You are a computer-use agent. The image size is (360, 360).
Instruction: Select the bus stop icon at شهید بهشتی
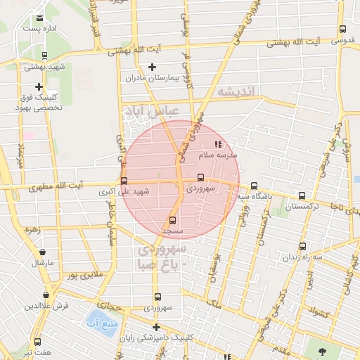[44, 56]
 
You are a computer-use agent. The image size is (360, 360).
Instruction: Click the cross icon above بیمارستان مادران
[152, 66]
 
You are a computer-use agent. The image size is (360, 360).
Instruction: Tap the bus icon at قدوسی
[342, 29]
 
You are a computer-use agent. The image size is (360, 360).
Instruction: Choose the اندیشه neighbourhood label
[238, 91]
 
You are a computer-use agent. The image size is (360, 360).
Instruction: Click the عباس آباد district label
[151, 111]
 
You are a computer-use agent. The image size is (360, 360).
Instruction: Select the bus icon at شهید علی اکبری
[124, 181]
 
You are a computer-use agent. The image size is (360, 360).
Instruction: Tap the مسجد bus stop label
[172, 231]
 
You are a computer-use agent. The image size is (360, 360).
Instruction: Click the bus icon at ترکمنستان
[302, 196]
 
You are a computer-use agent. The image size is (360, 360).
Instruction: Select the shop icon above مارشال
[43, 251]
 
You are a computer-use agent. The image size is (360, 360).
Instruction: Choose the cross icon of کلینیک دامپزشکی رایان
[156, 327]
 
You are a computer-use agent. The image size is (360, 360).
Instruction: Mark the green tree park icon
[322, 349]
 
